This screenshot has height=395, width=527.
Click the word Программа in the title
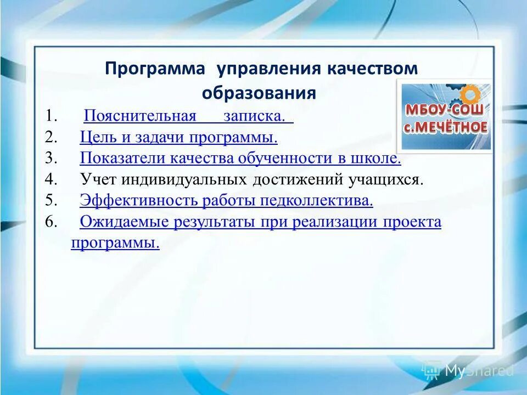pos(155,69)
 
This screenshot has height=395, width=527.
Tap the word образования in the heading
pos(259,93)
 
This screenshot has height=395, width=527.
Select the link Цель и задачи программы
pos(178,137)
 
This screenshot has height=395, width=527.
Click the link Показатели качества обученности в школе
pos(240,159)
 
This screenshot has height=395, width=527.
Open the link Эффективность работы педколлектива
pos(226,201)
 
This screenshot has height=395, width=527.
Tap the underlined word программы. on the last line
pos(115,243)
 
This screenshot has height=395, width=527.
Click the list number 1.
pos(51,116)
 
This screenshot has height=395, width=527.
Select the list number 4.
pos(51,179)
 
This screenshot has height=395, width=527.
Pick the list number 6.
pos(51,222)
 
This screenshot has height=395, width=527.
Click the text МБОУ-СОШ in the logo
pos(445,109)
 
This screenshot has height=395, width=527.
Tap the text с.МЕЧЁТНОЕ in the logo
pos(445,127)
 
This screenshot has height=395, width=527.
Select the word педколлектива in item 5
pos(317,201)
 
